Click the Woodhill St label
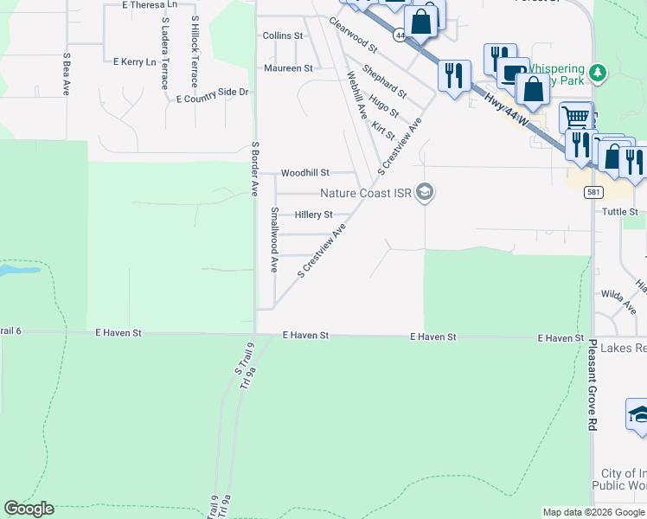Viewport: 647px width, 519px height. (x=305, y=173)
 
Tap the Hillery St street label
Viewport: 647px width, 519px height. (x=313, y=215)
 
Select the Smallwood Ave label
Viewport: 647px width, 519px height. (x=274, y=240)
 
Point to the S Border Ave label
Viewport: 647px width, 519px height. (x=255, y=169)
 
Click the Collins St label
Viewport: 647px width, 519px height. (x=283, y=36)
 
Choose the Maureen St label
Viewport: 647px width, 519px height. (x=288, y=67)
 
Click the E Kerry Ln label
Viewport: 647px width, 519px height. (x=134, y=62)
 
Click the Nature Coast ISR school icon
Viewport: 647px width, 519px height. (x=424, y=193)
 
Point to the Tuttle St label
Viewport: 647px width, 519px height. (x=619, y=212)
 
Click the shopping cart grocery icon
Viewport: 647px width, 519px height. (x=576, y=117)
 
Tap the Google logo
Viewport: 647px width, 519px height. (x=29, y=509)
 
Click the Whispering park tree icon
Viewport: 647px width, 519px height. (x=597, y=71)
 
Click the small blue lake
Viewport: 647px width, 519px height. (x=19, y=270)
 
